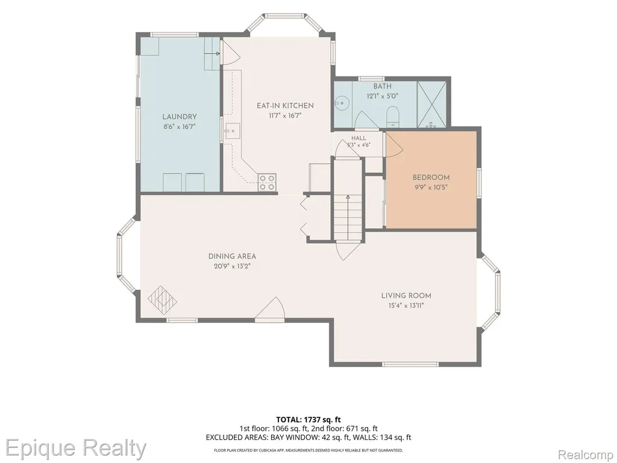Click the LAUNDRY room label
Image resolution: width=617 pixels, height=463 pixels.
click(x=180, y=116)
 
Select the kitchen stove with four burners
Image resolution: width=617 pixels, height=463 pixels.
click(x=267, y=183)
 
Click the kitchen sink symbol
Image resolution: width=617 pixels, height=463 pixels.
click(x=233, y=131)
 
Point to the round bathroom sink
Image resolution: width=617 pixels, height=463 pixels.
click(x=342, y=103)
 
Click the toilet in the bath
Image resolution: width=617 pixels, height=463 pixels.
click(x=393, y=116)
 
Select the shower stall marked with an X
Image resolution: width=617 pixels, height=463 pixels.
click(x=431, y=104)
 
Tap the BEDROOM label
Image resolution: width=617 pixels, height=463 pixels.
click(x=431, y=178)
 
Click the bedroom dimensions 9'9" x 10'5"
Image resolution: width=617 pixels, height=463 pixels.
click(x=431, y=187)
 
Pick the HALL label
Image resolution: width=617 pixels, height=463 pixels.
click(x=359, y=138)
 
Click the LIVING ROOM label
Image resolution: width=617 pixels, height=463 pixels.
click(x=406, y=295)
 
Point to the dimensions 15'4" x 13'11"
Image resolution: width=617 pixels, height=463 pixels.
click(x=406, y=306)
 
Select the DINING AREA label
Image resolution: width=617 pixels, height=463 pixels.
click(x=232, y=256)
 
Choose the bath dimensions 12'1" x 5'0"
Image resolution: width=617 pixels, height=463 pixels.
click(x=383, y=96)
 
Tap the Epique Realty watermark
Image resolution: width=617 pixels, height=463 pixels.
click(x=76, y=448)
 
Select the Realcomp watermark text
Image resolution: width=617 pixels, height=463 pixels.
click(x=586, y=454)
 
